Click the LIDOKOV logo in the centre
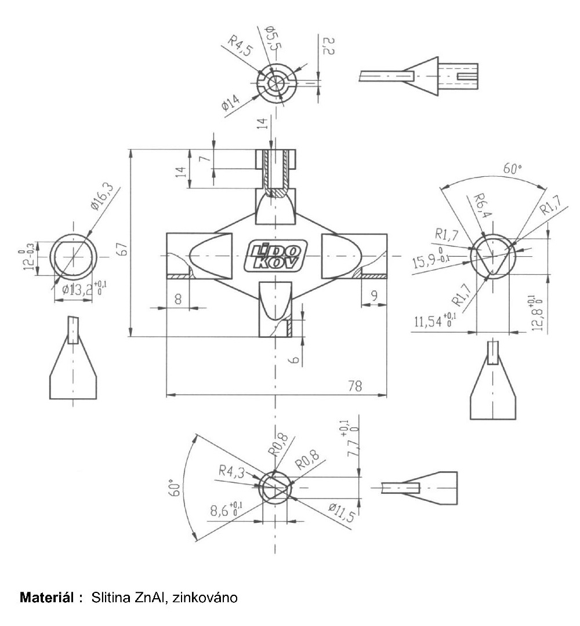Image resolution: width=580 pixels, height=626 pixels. [x=275, y=256]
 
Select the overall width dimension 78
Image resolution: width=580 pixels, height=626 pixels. [x=355, y=386]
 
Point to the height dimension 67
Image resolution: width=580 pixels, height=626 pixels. [x=124, y=249]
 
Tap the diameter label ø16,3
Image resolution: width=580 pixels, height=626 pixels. [x=102, y=196]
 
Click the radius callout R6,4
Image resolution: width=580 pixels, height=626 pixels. [x=483, y=206]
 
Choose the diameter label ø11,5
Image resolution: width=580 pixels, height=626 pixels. [x=342, y=512]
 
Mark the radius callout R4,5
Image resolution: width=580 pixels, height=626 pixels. [x=241, y=45]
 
